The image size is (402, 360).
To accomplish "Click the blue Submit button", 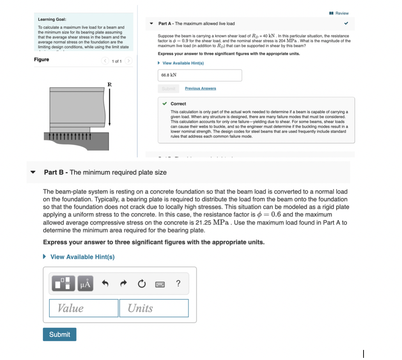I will coord(59,334).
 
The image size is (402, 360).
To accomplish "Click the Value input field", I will coord(83,308).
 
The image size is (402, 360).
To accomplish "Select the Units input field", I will coord(154,308).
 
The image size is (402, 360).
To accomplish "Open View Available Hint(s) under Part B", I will coord(82,257).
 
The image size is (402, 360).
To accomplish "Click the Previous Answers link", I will coord(200,88).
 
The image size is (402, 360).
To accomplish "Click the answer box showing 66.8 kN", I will coord(200,75).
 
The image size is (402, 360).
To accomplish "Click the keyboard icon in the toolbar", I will coord(160,284).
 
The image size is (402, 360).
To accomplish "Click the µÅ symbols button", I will coord(86,283).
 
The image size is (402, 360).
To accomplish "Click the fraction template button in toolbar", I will coord(64,283).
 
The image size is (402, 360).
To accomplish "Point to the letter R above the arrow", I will coord(110,84).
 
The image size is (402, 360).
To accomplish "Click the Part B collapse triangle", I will coord(33,172).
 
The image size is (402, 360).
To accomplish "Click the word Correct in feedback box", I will coord(178,104).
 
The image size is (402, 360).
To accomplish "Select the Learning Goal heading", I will coord(52,19).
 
